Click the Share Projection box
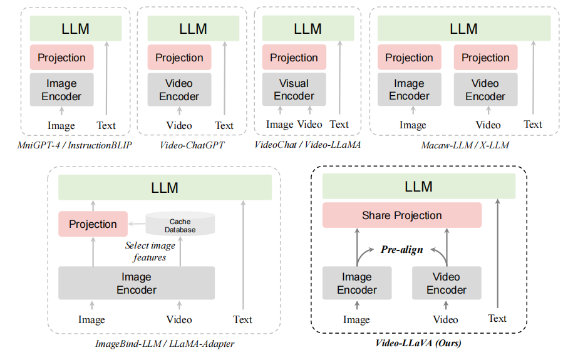coord(402,215)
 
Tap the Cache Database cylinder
coord(180,225)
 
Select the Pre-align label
coord(401,249)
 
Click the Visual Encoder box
coord(294,90)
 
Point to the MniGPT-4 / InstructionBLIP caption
coord(75,145)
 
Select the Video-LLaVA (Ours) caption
coord(418,343)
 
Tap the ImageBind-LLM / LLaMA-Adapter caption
coord(165,344)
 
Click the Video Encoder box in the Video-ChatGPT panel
coord(179,90)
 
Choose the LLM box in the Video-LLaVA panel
coord(418,187)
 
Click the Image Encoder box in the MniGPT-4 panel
coord(61,90)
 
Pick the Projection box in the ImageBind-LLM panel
coord(93,224)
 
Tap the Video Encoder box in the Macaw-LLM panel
coord(485,90)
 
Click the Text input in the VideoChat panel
coord(339,125)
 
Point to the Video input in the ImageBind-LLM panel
coord(179,319)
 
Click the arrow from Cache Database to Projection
coord(136,224)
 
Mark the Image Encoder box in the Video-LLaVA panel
coord(357,284)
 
